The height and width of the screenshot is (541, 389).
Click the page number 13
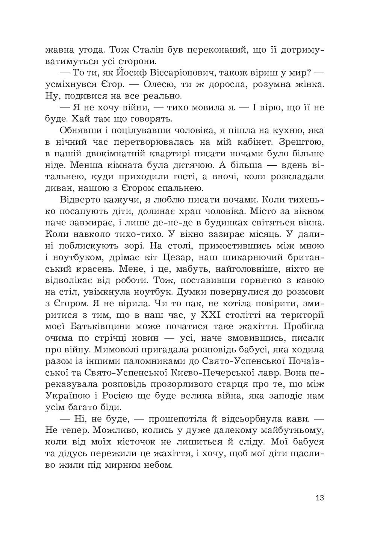coord(319,498)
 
